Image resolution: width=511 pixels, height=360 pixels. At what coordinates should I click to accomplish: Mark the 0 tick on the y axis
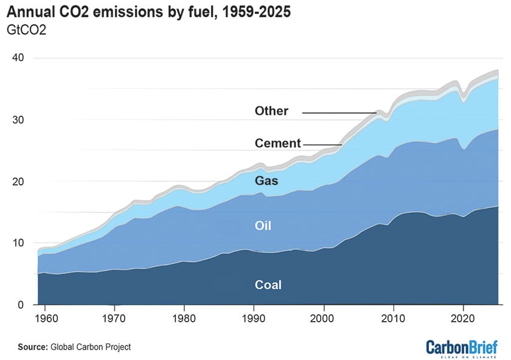click(x=21, y=305)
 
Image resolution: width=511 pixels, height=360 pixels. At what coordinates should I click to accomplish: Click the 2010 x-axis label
click(x=394, y=317)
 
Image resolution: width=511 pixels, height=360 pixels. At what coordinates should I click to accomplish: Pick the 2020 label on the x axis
click(x=464, y=317)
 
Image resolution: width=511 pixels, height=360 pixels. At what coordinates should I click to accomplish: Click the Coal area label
click(x=268, y=284)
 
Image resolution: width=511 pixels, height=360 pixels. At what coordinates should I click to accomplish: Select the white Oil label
click(x=263, y=226)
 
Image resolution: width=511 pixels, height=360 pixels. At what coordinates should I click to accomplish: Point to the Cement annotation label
click(x=277, y=144)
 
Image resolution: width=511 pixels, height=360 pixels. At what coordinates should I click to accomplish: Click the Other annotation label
click(x=271, y=111)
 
